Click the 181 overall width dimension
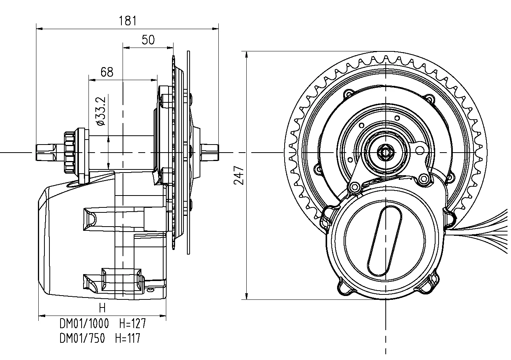[128, 21]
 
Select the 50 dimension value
[148, 40]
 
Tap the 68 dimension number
[107, 72]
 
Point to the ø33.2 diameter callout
[101, 111]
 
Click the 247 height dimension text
[239, 175]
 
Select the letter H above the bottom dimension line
[102, 308]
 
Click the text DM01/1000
[84, 324]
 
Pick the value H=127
[132, 324]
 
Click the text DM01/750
[82, 339]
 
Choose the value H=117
[128, 339]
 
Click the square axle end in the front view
[384, 152]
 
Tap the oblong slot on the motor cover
[384, 240]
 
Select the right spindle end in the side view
[209, 152]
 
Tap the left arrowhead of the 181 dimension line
[38, 28]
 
